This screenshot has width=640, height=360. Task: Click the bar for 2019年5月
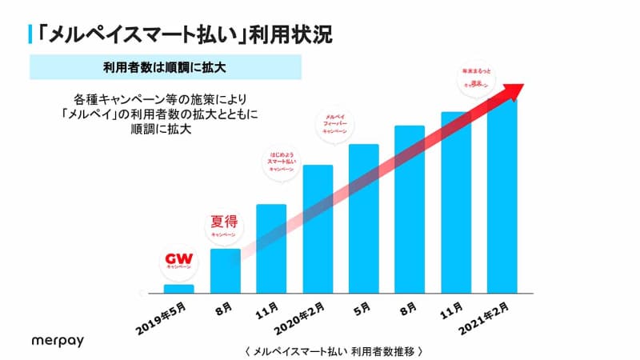click(178, 289)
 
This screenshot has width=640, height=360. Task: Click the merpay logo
click(57, 340)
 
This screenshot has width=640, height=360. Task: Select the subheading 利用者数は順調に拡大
click(164, 67)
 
